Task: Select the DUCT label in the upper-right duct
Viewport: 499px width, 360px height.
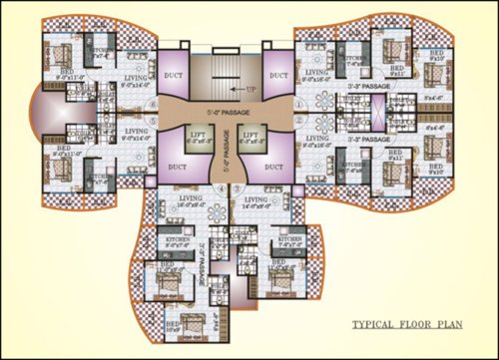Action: (278, 76)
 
